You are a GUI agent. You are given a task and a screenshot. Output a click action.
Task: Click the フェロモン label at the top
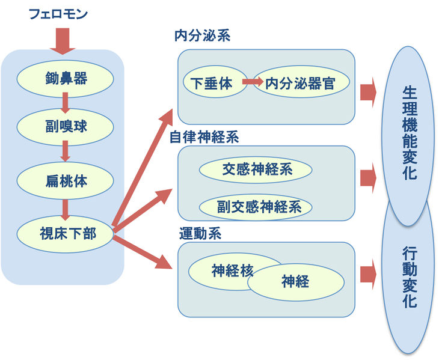pos(58,13)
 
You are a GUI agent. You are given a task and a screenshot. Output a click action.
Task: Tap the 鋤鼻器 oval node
pos(66,78)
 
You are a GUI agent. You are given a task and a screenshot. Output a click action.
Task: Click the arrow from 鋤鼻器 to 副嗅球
pos(66,103)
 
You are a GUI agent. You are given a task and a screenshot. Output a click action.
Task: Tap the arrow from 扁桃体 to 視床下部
pos(66,208)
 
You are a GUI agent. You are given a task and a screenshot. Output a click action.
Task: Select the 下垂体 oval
pos(210,84)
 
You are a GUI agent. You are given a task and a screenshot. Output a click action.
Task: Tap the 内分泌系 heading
pos(203,35)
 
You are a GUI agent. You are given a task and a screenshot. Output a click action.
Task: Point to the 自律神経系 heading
pos(204,136)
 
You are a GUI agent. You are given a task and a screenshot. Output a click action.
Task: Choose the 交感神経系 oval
pos(256,170)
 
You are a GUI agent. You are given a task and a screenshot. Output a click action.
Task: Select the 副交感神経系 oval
pos(256,207)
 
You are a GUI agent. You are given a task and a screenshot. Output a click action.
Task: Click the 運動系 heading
pos(200,233)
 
